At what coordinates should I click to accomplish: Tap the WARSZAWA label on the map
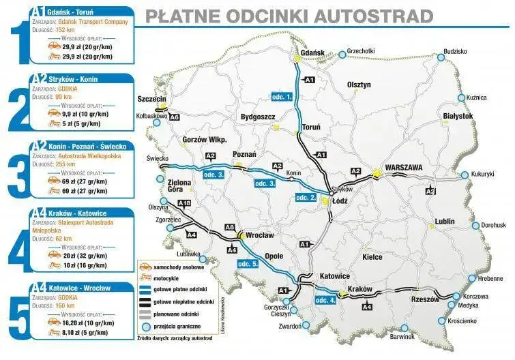click(404, 166)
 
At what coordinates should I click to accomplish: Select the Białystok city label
click(458, 117)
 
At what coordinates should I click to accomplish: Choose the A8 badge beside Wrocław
click(229, 227)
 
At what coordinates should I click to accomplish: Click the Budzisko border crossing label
click(455, 51)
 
